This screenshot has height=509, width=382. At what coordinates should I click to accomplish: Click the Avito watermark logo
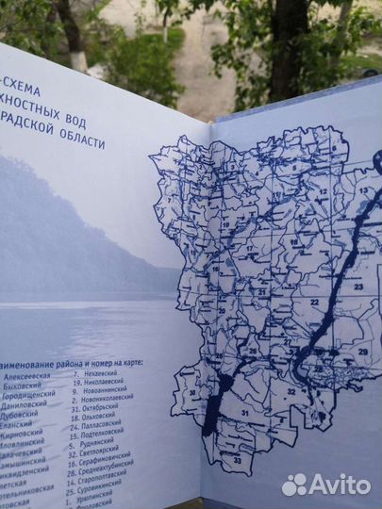tap(325, 484)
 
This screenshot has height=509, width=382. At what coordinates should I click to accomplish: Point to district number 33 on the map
tap(239, 461)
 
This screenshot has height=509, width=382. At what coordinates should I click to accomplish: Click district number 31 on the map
tap(244, 411)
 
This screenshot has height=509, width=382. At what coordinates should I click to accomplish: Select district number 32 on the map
tap(291, 391)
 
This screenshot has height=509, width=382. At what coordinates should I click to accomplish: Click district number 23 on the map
tap(358, 286)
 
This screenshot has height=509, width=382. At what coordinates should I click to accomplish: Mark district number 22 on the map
tap(314, 302)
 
